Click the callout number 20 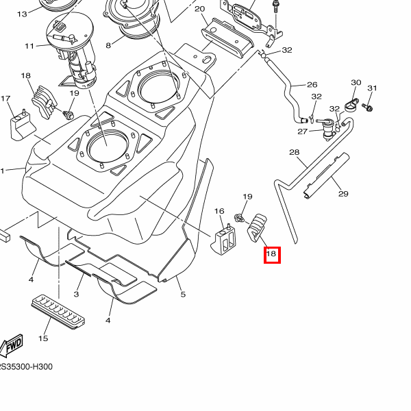[x=199, y=9]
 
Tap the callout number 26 [x=312, y=85]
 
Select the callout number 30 [x=356, y=83]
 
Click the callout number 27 [x=302, y=132]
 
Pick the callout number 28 [x=294, y=152]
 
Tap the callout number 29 [x=343, y=194]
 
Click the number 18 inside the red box [x=271, y=254]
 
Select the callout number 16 [x=220, y=211]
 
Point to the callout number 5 [x=183, y=295]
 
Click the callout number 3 [x=77, y=294]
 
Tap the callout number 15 [x=43, y=338]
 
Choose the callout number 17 [x=6, y=99]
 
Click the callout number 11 [x=29, y=46]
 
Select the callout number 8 [x=108, y=46]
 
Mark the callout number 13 [x=22, y=14]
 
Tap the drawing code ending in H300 [x=26, y=367]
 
